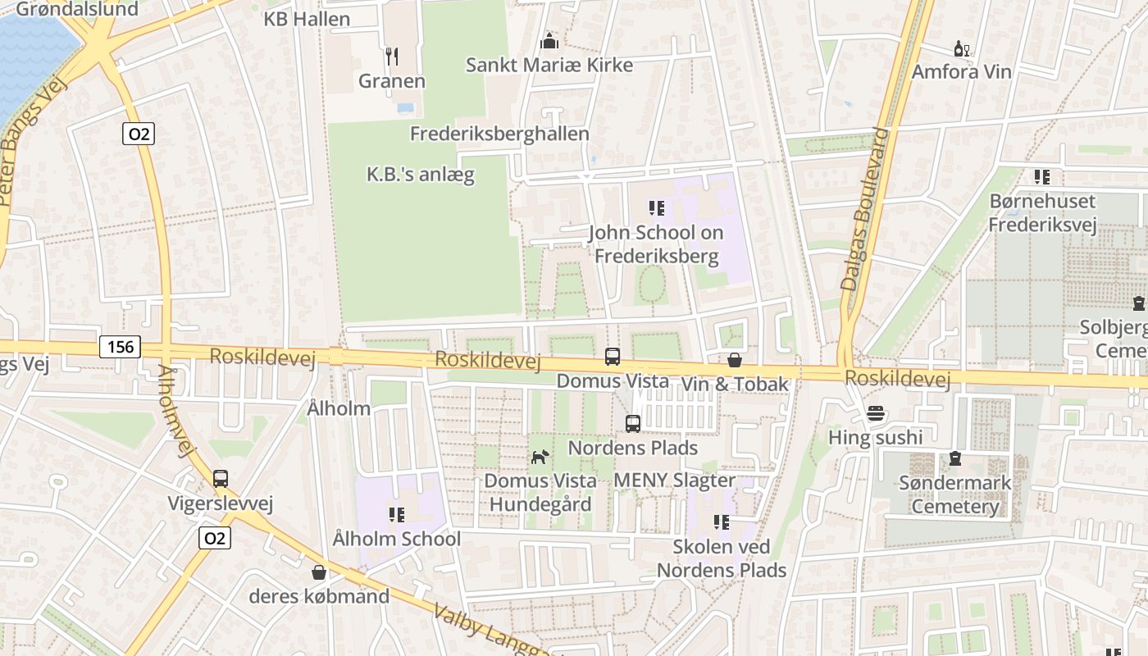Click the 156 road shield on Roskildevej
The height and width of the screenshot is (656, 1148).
(x=120, y=347)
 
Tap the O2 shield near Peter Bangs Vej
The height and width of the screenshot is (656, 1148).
(x=139, y=134)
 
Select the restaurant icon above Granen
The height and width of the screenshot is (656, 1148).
(x=392, y=56)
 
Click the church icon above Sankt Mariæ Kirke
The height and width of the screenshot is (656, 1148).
(x=549, y=40)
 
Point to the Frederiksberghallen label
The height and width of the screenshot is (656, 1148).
(x=499, y=134)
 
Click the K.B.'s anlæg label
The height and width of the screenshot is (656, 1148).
(x=420, y=175)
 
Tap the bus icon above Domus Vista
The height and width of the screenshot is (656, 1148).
(x=613, y=356)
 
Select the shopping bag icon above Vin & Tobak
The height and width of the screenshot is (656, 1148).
(x=735, y=359)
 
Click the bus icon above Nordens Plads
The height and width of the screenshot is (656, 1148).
(x=633, y=423)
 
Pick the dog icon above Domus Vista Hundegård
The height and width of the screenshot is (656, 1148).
(x=539, y=457)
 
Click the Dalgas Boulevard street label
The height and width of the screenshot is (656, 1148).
(x=866, y=209)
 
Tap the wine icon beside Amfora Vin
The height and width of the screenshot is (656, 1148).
(x=961, y=49)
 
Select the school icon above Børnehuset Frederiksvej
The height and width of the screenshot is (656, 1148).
(x=1042, y=176)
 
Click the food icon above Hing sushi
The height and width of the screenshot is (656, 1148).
(x=876, y=412)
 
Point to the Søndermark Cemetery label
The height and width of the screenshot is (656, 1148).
(x=955, y=494)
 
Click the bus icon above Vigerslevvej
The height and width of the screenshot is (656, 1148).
(x=220, y=478)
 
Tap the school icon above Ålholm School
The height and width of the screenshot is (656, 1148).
(x=397, y=515)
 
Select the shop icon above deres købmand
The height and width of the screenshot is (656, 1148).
(x=319, y=572)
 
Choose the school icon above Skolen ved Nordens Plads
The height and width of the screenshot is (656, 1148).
(x=722, y=522)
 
